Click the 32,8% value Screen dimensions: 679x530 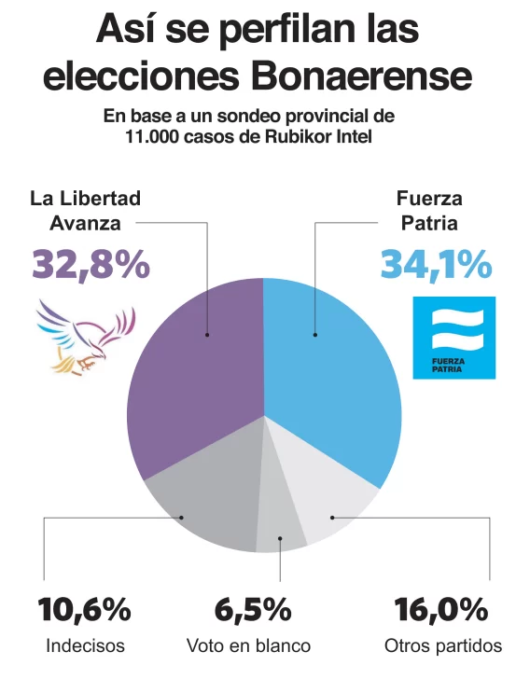pos(91,264)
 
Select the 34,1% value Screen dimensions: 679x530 pos(435,264)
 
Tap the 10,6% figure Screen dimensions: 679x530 pos(84,611)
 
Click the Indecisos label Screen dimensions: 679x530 pos(84,645)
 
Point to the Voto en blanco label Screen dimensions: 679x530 pos(248,645)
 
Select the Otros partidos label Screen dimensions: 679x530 pos(443,645)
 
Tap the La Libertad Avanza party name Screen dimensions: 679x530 pos(86,211)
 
